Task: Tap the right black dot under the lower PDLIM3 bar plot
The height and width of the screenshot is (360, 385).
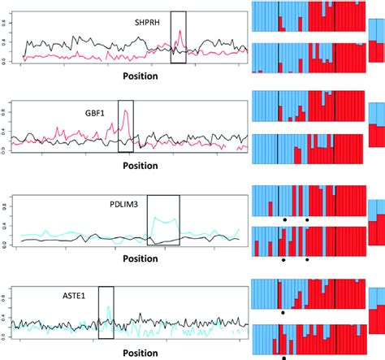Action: pos(307,260)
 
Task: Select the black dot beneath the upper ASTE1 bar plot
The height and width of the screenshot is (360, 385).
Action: pos(283,311)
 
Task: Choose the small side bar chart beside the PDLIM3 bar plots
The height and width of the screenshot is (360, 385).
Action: pos(376,219)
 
